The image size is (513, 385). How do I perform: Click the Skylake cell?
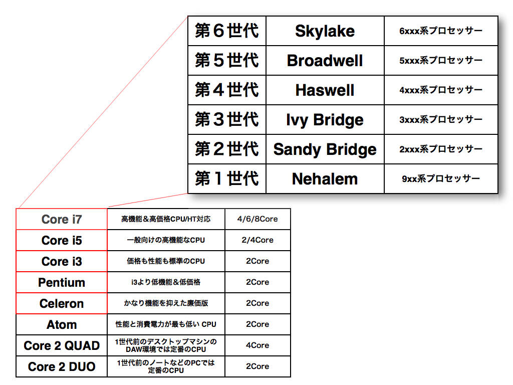[x=325, y=31]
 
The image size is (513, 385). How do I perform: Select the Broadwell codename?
[x=325, y=61]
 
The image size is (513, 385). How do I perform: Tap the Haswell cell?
[x=325, y=90]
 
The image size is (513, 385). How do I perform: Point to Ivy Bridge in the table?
[x=325, y=120]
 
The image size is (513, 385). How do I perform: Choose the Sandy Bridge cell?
[x=325, y=149]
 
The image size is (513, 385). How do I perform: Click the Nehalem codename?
[x=325, y=179]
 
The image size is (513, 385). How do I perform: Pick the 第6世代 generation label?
[x=227, y=31]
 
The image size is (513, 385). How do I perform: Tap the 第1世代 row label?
[x=227, y=179]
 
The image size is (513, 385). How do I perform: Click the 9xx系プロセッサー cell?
[x=441, y=179]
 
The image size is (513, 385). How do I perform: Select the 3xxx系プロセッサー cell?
[x=441, y=119]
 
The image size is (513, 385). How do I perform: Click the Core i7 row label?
[x=62, y=220]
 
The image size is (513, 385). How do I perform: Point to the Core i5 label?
[x=62, y=240]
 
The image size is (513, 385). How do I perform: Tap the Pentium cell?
[x=62, y=282]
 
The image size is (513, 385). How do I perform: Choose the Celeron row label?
[x=62, y=303]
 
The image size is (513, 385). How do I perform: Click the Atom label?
[x=62, y=324]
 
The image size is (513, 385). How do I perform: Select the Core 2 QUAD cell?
[x=62, y=345]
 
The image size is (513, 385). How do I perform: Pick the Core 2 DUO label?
[x=62, y=366]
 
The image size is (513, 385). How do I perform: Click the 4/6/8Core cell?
[x=258, y=219]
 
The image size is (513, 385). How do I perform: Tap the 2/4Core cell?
[x=258, y=240]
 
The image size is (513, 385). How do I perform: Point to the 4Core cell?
[x=258, y=345]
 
